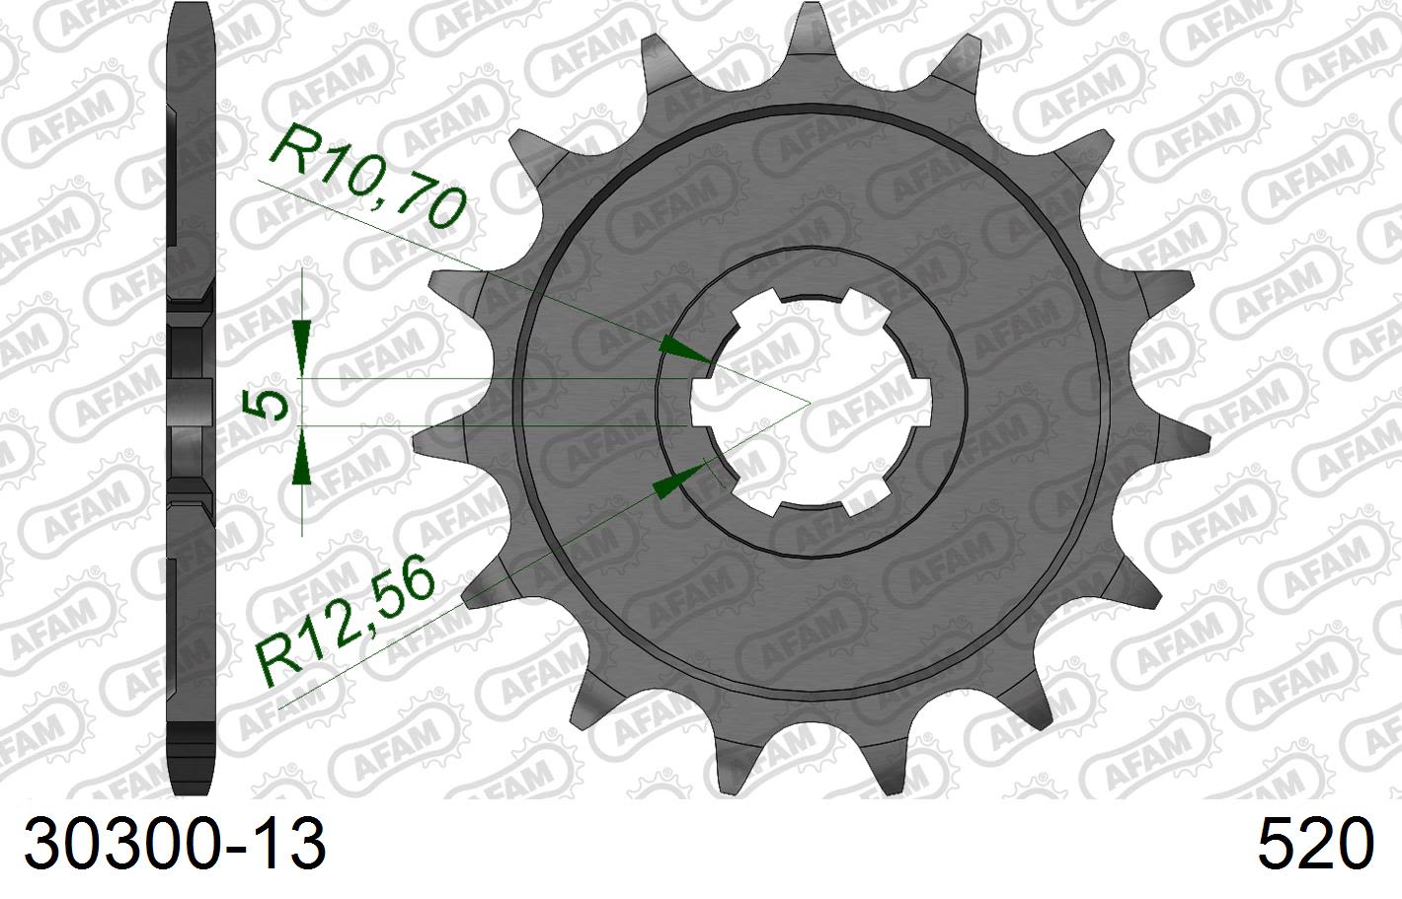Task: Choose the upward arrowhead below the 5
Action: [x=302, y=464]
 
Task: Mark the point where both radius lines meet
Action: [x=810, y=403]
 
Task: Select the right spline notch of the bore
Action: [x=924, y=403]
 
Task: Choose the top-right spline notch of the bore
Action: [x=863, y=306]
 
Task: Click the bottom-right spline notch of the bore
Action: [x=865, y=497]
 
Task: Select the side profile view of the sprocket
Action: [x=193, y=400]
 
